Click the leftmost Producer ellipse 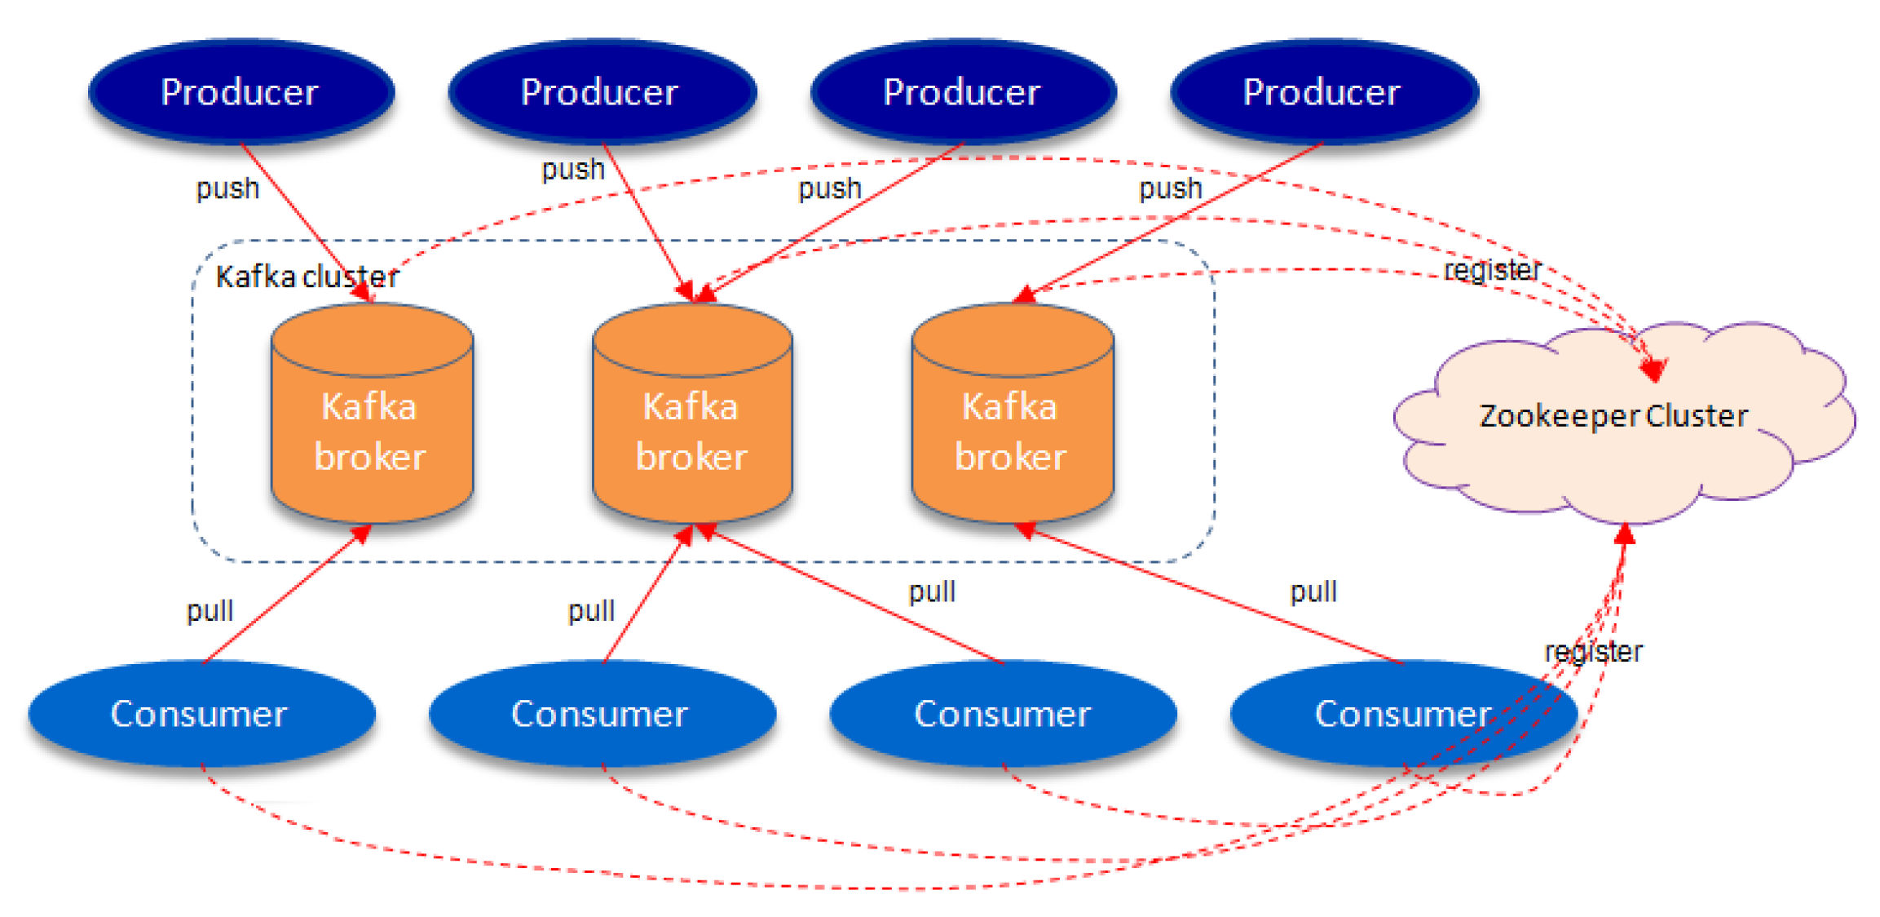241,91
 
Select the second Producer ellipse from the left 601,91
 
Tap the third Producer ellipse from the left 963,91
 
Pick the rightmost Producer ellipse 1323,91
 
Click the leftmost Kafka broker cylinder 372,424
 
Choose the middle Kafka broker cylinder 692,424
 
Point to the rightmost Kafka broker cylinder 1012,424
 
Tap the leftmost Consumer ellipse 201,714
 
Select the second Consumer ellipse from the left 601,714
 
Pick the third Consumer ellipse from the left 1003,714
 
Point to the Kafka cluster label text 307,277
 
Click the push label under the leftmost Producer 227,188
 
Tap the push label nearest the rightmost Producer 1171,188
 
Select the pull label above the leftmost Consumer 210,610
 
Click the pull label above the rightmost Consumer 1313,591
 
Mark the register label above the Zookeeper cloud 1492,270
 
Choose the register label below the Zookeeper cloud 1593,651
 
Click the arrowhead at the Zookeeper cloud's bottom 1625,534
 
